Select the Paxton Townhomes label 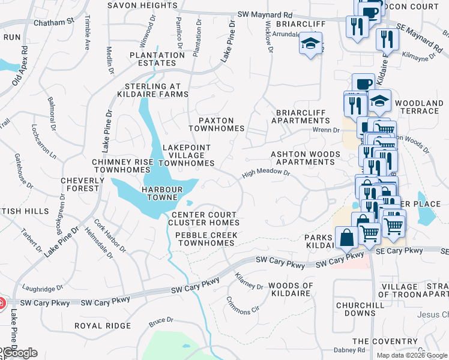click(x=217, y=124)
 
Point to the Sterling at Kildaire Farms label click(x=152, y=90)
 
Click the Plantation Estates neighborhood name click(x=157, y=59)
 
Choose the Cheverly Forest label click(x=80, y=184)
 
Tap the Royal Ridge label click(x=102, y=326)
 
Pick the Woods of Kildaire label click(x=291, y=289)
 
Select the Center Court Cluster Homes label click(x=203, y=219)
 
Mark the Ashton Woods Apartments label click(x=306, y=158)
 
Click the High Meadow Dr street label click(x=266, y=175)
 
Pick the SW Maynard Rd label click(x=265, y=14)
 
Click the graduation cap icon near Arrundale click(x=311, y=43)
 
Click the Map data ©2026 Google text click(x=412, y=355)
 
